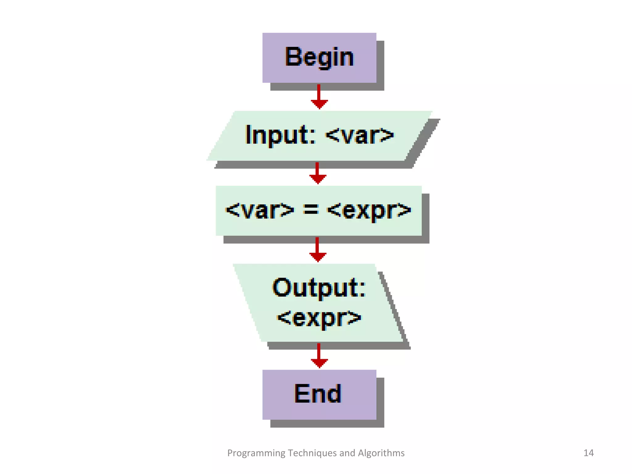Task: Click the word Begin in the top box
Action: pyautogui.click(x=319, y=57)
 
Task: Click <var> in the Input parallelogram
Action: pyautogui.click(x=360, y=135)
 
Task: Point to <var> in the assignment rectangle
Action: pyautogui.click(x=260, y=210)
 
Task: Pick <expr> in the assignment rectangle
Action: pyautogui.click(x=369, y=210)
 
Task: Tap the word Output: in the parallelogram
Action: pyautogui.click(x=319, y=288)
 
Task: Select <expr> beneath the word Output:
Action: pyautogui.click(x=319, y=318)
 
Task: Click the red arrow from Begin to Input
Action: pyautogui.click(x=319, y=97)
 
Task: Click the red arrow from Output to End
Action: pyautogui.click(x=319, y=356)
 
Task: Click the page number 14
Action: pyautogui.click(x=588, y=453)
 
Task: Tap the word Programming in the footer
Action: pyautogui.click(x=256, y=453)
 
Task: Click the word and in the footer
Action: pyautogui.click(x=347, y=453)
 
